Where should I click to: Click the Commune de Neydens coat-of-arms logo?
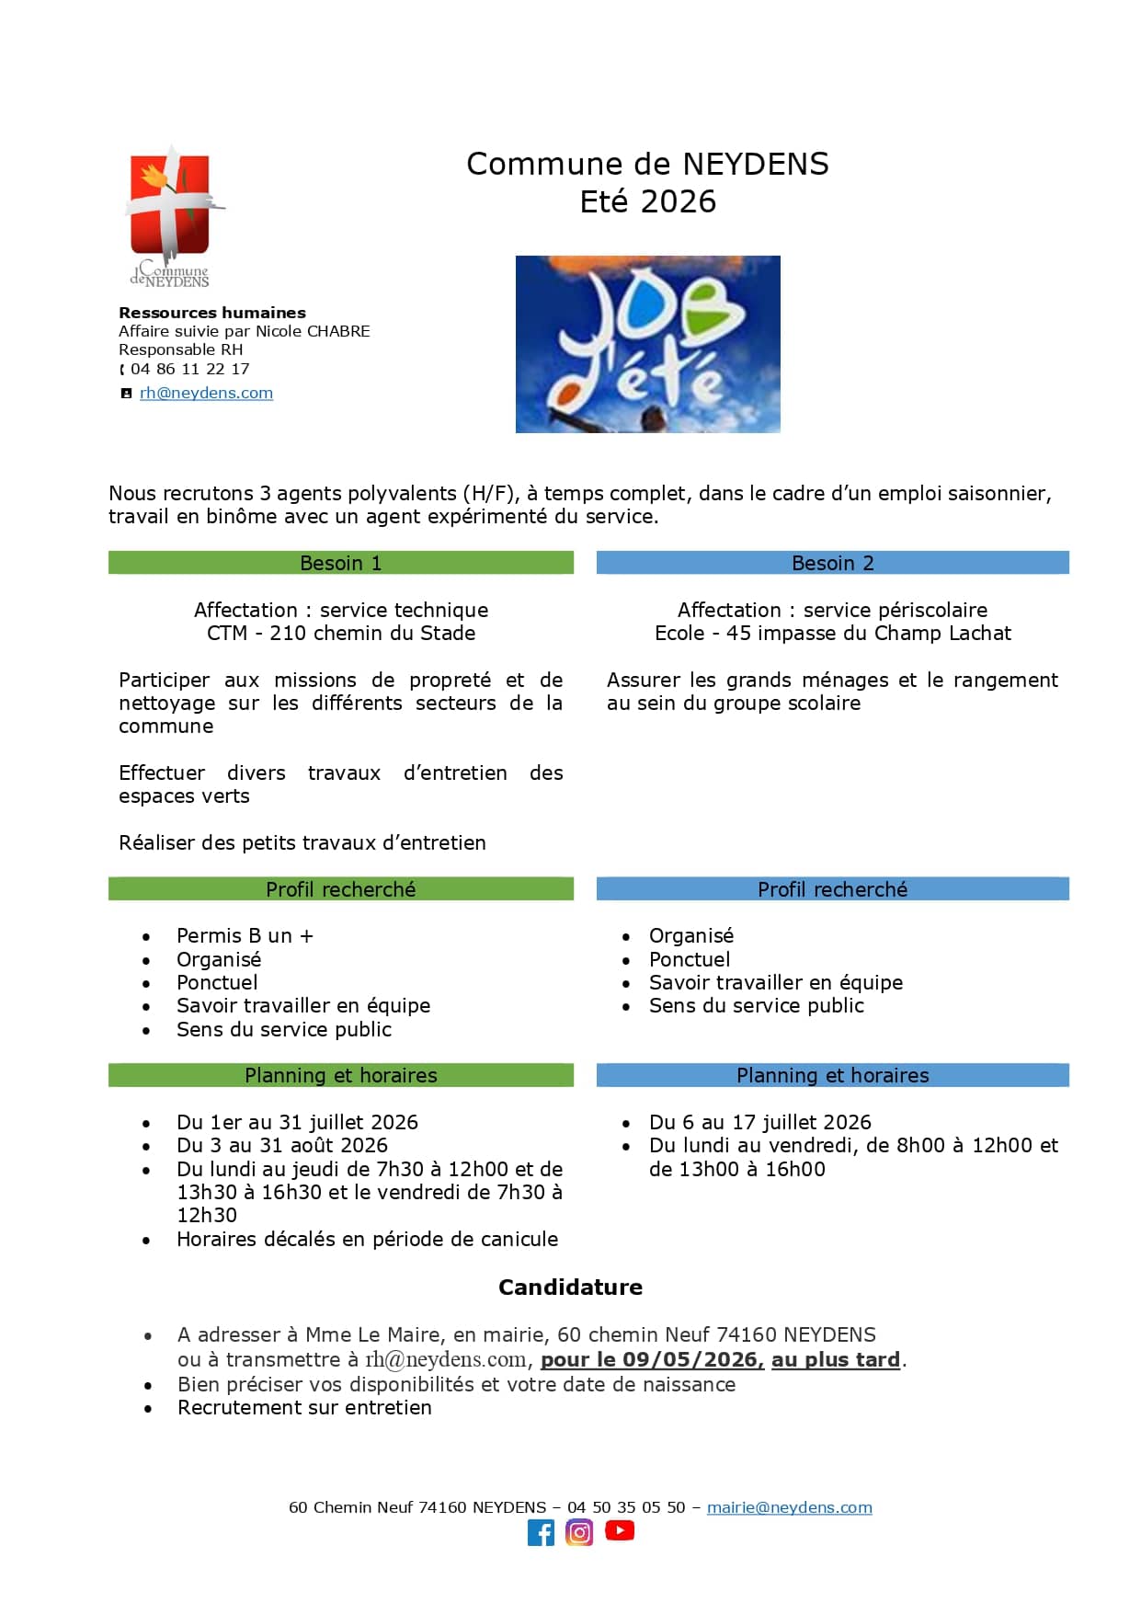tap(172, 213)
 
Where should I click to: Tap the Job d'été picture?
tap(647, 344)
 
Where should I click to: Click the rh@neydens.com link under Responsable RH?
tap(206, 393)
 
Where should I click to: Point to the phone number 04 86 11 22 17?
tap(189, 369)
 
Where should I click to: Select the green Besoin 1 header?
tap(340, 563)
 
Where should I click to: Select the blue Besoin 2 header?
tap(832, 563)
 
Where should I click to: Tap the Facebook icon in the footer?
tap(541, 1532)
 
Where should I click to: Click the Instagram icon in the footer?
tap(579, 1532)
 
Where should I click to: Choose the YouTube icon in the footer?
tap(620, 1530)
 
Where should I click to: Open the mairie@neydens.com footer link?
tap(789, 1507)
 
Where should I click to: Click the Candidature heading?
tap(570, 1287)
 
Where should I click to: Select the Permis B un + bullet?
tap(245, 935)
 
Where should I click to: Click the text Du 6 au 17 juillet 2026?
tap(759, 1122)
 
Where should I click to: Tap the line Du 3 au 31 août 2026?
tap(281, 1145)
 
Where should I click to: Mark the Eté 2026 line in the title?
tap(647, 201)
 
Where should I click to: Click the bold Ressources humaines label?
tap(211, 313)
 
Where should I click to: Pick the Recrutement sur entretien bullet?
tap(303, 1407)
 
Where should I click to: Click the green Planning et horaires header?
tap(340, 1075)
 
